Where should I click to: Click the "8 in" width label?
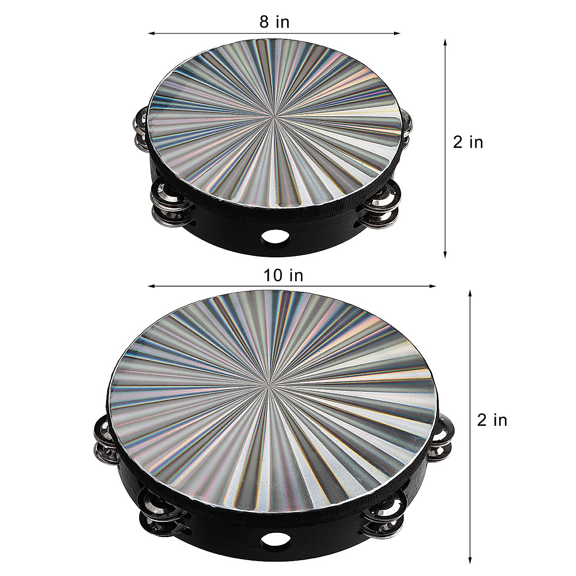pyautogui.click(x=275, y=22)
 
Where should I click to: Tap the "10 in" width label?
pyautogui.click(x=283, y=276)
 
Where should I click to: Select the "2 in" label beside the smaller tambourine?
pyautogui.click(x=468, y=142)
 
